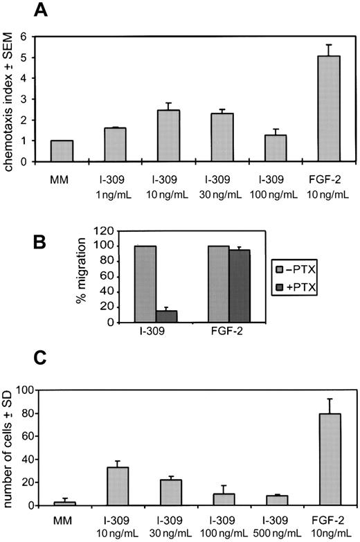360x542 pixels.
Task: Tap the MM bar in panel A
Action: click(x=62, y=151)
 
